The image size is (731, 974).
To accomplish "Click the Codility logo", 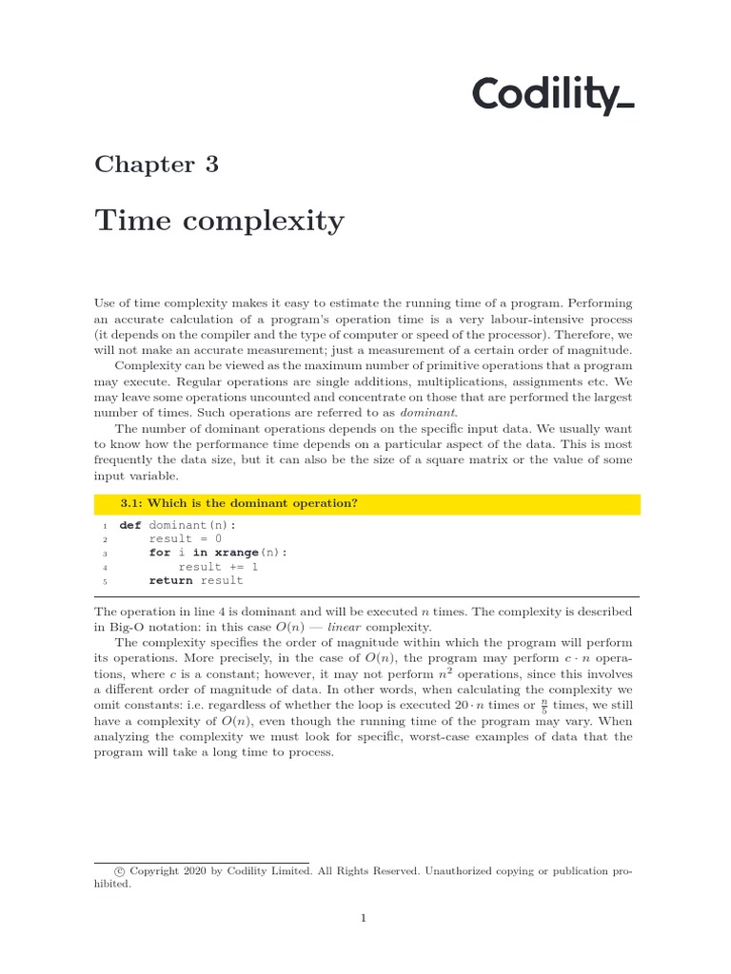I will [x=553, y=96].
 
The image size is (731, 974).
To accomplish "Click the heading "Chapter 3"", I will [x=156, y=165].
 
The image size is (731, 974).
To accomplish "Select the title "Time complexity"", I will [x=219, y=222].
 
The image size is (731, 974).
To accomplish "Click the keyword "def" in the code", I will [x=129, y=525].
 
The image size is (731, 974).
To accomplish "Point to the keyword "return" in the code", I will [x=170, y=580].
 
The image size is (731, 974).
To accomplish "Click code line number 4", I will [x=105, y=567].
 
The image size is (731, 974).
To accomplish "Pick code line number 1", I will [x=105, y=526].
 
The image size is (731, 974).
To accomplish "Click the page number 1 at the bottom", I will [x=363, y=918].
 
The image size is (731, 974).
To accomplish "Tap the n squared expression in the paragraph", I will [x=443, y=674].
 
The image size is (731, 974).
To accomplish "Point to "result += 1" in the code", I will [x=218, y=567].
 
